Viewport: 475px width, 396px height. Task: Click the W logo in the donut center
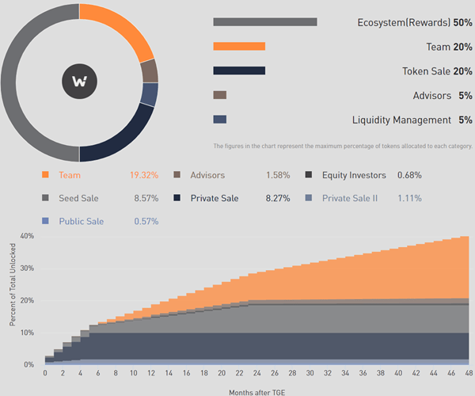click(79, 82)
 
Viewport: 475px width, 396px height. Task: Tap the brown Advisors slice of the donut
click(149, 71)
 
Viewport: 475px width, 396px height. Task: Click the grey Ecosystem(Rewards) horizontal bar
click(265, 22)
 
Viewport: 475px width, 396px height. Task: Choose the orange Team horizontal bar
click(239, 47)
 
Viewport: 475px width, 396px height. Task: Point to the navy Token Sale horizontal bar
click(239, 70)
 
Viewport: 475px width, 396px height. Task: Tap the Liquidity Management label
click(401, 120)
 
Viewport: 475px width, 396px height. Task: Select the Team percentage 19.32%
click(144, 174)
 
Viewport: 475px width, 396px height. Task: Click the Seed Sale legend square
click(45, 198)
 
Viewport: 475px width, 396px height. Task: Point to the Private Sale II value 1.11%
click(409, 198)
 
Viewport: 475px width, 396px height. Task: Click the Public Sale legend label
click(81, 221)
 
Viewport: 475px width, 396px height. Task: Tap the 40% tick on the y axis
click(27, 235)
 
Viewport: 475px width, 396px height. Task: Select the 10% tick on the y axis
click(27, 333)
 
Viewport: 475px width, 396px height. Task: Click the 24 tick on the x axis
click(249, 372)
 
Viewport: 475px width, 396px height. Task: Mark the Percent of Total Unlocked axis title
click(13, 299)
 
